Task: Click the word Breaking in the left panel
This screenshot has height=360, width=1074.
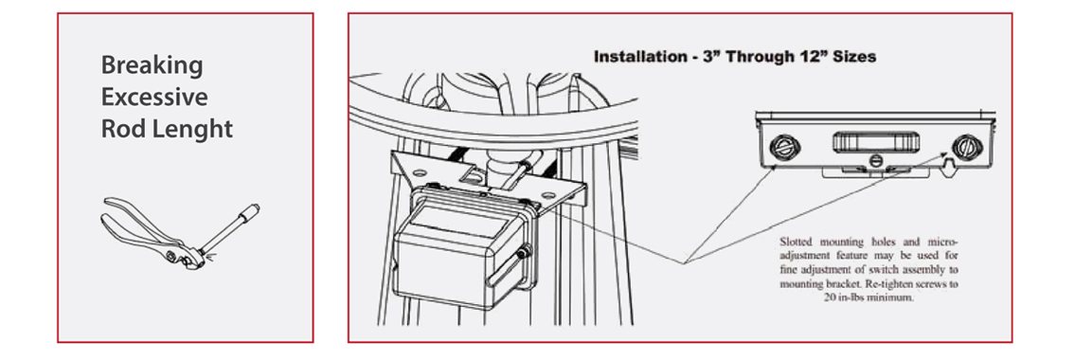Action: (152, 65)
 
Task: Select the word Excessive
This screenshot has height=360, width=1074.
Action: (154, 98)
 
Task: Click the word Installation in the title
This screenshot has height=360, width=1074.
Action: (638, 57)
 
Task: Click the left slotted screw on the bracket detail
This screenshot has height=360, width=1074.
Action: (782, 146)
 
